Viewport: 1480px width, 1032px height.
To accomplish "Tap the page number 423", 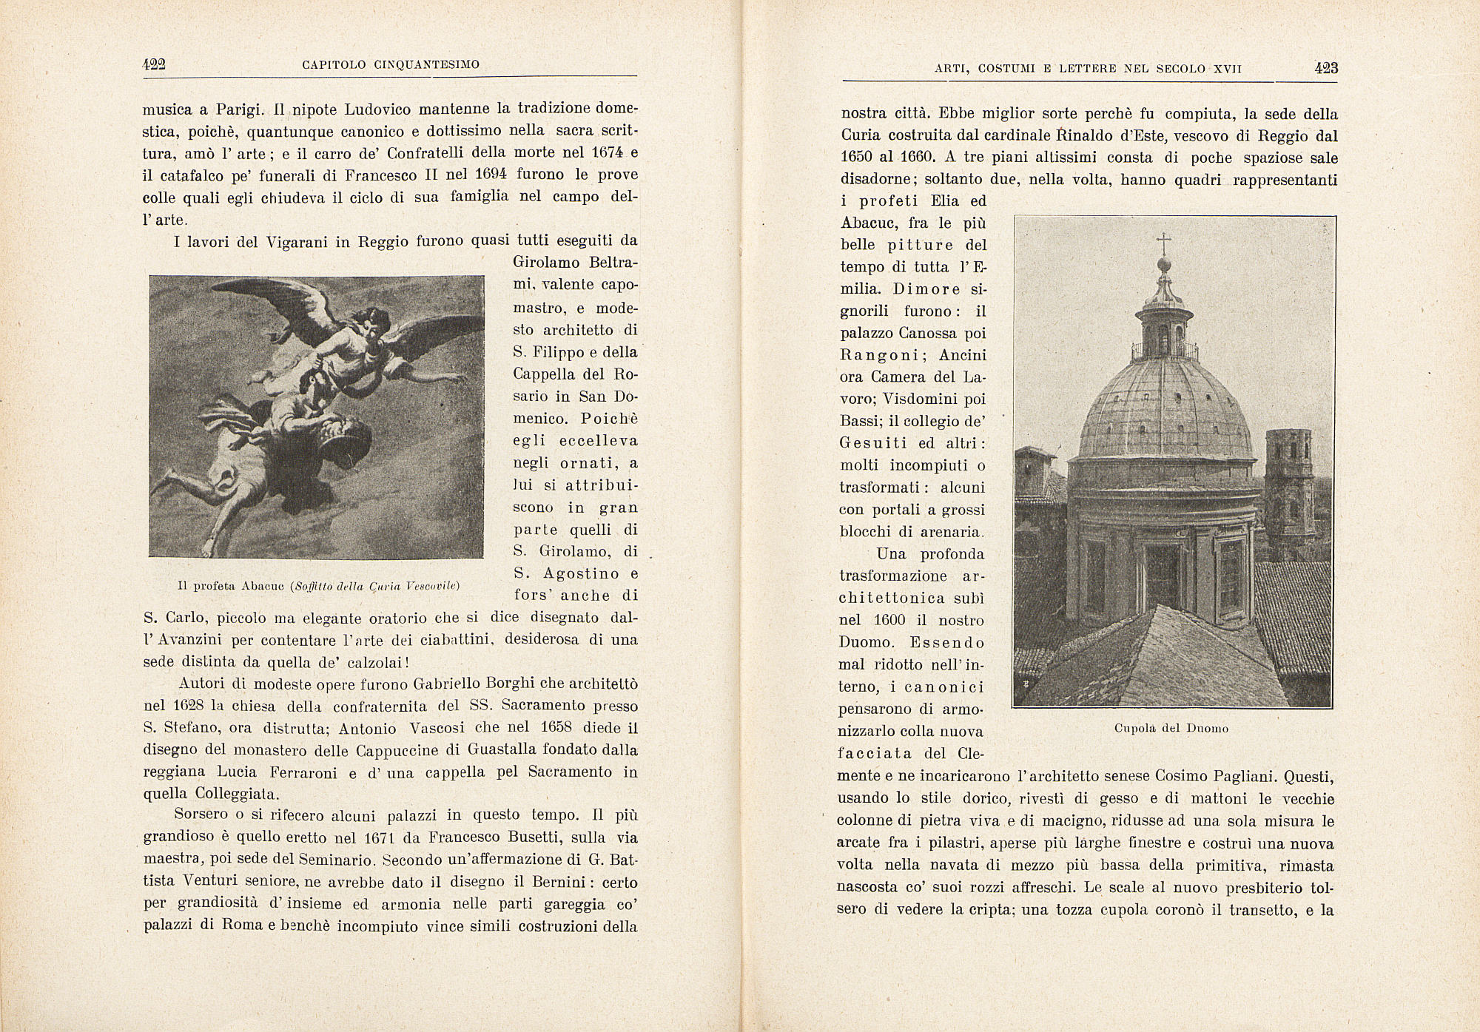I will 1326,69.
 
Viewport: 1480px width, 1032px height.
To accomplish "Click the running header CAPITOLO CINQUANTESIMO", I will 391,65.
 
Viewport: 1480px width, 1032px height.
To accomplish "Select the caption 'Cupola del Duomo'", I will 1171,728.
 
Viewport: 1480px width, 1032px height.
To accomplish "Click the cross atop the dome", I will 1164,242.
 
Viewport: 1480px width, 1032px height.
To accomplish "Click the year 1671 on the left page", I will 384,838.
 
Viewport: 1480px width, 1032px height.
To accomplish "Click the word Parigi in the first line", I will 239,109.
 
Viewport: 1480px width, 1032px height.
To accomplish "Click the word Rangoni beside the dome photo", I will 878,355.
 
